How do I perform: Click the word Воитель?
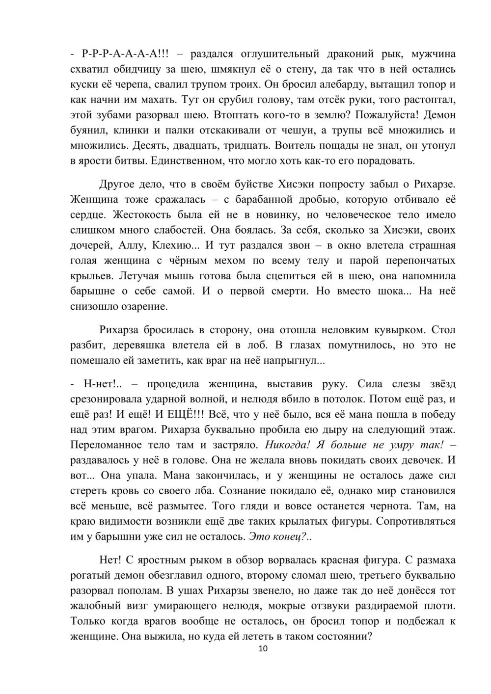coord(295,146)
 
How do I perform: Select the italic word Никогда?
coord(287,446)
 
